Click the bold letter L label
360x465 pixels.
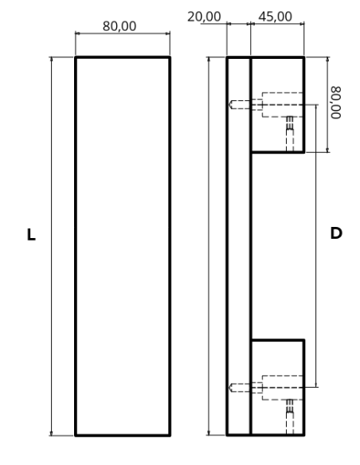click(31, 235)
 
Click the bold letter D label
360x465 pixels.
click(336, 233)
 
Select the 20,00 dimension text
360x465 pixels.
click(204, 17)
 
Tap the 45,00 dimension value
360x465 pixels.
click(276, 17)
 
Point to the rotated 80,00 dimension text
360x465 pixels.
click(336, 103)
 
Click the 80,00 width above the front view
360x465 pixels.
click(119, 26)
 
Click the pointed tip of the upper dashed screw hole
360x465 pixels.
click(229, 104)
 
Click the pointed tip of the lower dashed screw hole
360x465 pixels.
click(229, 388)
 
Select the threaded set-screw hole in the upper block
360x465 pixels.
click(290, 134)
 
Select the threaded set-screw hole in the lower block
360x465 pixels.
click(290, 417)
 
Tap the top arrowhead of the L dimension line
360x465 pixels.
click(52, 59)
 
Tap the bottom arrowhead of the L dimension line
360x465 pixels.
click(52, 433)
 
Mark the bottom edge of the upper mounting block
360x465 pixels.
click(277, 152)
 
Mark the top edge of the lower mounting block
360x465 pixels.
click(277, 340)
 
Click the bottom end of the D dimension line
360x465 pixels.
click(316, 387)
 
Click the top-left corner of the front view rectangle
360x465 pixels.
click(76, 57)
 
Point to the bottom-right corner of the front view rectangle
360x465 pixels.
click(170, 436)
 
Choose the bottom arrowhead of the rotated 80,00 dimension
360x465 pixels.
click(327, 150)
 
